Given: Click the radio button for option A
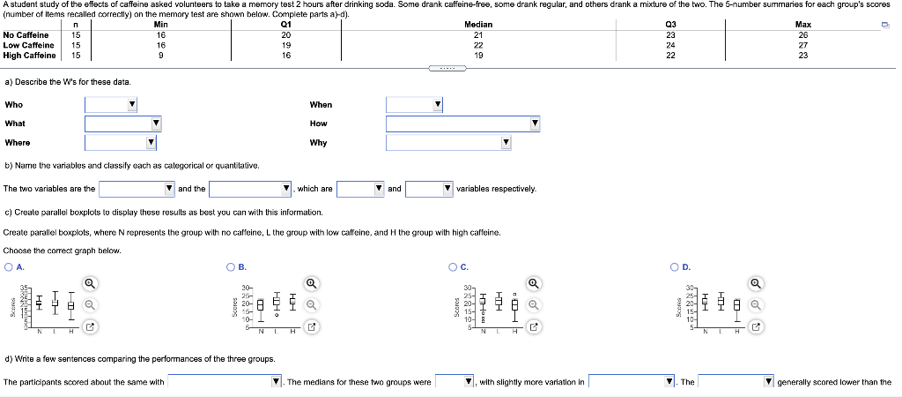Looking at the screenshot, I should pos(9,266).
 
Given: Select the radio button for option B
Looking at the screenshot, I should pos(231,266).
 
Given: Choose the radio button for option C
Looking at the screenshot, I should pos(453,266).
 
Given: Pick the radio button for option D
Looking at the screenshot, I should pos(674,266).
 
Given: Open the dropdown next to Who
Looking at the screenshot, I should pos(112,105).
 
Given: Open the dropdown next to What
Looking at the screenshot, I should pos(124,124).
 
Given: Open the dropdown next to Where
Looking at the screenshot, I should pos(121,143).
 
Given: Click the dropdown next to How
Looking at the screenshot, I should pos(463,124).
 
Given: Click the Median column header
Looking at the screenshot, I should pos(478,25).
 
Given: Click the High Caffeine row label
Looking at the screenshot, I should pos(30,55).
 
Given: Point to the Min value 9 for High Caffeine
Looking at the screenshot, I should pos(160,55).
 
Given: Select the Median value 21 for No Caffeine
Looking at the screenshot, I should pos(478,35).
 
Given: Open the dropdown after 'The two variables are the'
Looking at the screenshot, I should pos(137,189).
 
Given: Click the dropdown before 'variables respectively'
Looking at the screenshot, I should pos(431,189).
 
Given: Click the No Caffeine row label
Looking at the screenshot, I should pos(26,35).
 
